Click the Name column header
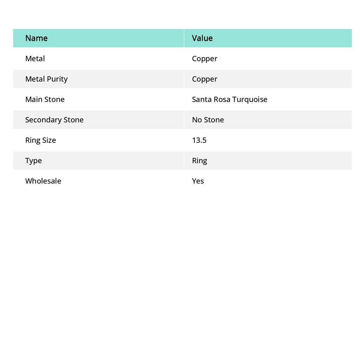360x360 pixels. click(x=36, y=38)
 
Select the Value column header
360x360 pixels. click(x=202, y=38)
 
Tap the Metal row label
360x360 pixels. click(x=35, y=58)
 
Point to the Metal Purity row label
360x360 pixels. click(x=46, y=79)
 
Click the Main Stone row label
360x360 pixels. click(x=45, y=99)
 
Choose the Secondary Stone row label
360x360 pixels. click(x=54, y=120)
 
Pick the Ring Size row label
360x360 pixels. click(x=40, y=140)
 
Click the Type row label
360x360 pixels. click(x=33, y=160)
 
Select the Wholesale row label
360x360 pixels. click(x=43, y=181)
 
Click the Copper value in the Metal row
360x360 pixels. click(x=204, y=58)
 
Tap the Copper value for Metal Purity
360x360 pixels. click(x=204, y=79)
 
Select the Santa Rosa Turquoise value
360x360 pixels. click(x=229, y=99)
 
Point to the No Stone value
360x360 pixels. click(x=208, y=120)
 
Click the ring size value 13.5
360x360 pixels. click(x=199, y=140)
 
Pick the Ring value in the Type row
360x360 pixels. click(x=199, y=160)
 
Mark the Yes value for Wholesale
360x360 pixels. click(x=198, y=181)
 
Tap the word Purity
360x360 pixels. click(x=57, y=79)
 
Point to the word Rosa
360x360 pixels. click(x=222, y=99)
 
